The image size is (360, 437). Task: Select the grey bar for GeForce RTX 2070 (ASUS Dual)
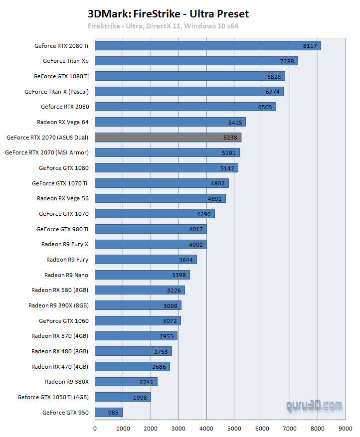click(x=168, y=137)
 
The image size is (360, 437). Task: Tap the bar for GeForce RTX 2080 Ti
click(x=207, y=46)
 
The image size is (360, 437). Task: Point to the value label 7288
click(x=288, y=61)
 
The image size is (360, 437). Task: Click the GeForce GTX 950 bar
click(x=109, y=412)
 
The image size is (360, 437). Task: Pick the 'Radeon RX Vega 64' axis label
click(x=62, y=122)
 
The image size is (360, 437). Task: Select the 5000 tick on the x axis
click(x=234, y=428)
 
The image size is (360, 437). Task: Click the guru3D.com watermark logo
click(x=314, y=406)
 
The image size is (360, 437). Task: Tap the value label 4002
click(x=196, y=244)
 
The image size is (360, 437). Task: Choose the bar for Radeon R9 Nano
click(x=142, y=275)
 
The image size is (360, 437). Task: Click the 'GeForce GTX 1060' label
click(x=63, y=320)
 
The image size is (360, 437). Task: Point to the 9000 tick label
click(x=346, y=428)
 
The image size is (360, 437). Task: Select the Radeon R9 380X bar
click(x=126, y=382)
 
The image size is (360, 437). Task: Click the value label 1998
click(x=140, y=397)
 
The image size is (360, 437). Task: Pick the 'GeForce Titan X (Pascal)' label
click(x=56, y=92)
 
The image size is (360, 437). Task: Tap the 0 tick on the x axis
click(x=95, y=428)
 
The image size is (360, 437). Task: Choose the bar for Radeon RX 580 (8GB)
click(x=140, y=290)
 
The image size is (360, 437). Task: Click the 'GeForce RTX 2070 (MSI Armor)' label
click(x=47, y=152)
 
